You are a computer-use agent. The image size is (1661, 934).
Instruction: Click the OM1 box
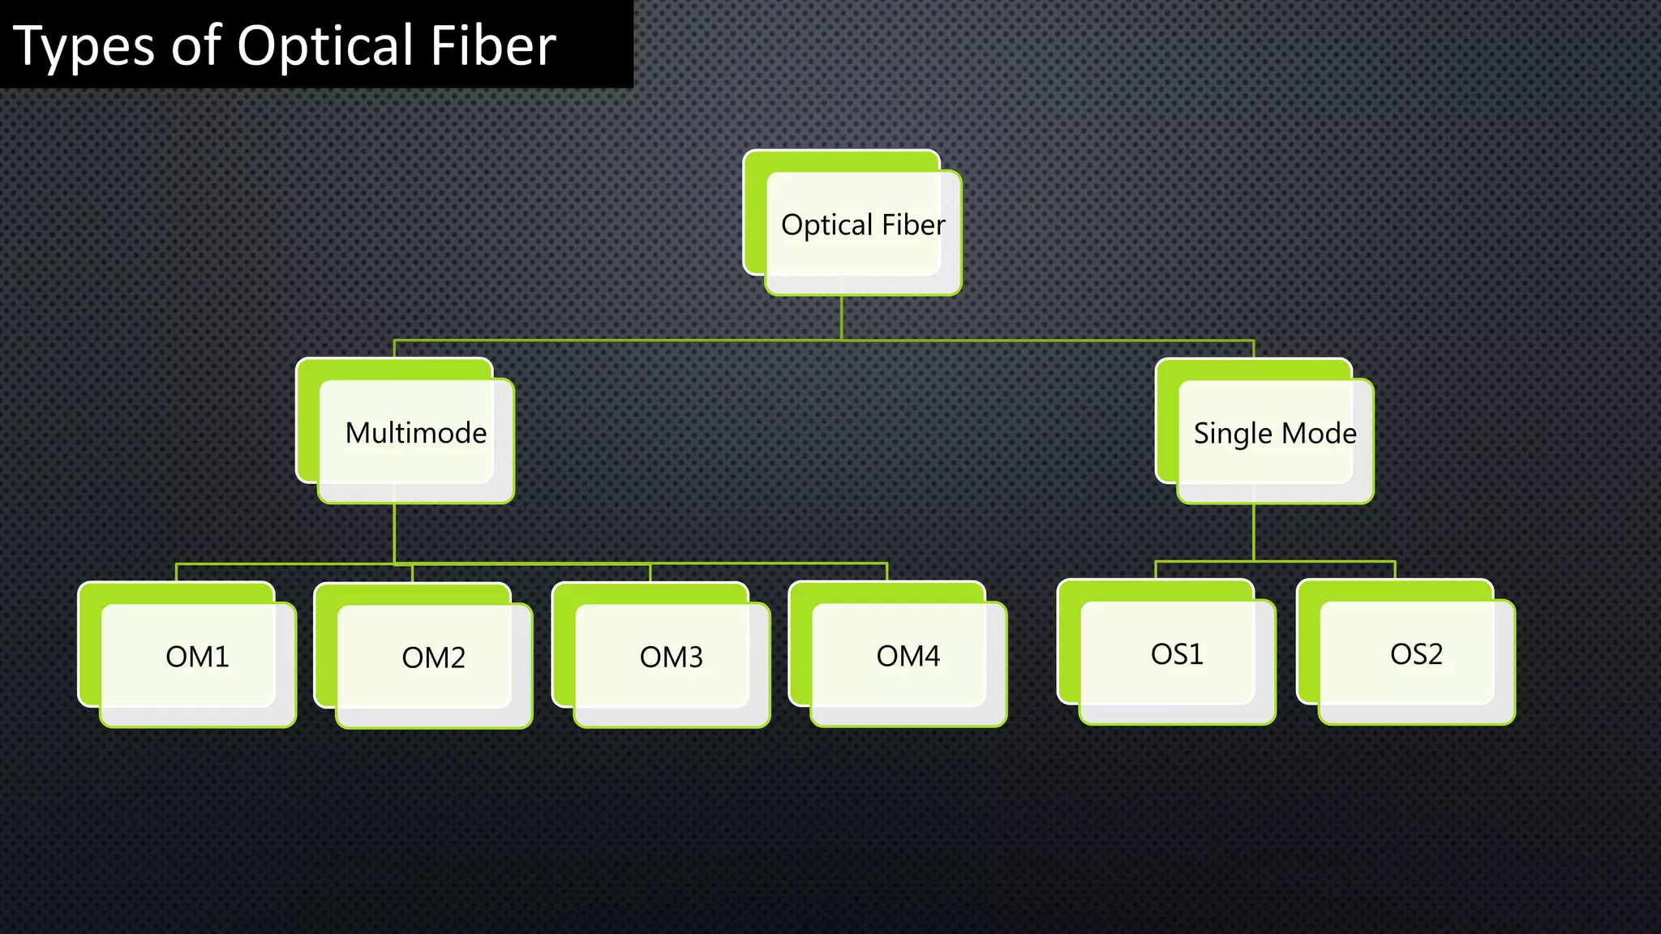pyautogui.click(x=197, y=656)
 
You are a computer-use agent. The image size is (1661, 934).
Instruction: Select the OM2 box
pyautogui.click(x=434, y=657)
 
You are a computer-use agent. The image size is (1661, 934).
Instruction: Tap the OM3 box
pyautogui.click(x=671, y=656)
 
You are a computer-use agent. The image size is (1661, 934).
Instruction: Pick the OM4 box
pyautogui.click(x=908, y=655)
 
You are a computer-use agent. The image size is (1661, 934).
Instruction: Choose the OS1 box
pyautogui.click(x=1177, y=653)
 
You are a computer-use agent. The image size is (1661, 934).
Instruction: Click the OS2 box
pyautogui.click(x=1416, y=653)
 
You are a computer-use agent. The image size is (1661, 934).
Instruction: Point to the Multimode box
pyautogui.click(x=416, y=432)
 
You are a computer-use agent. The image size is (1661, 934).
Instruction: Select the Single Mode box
pyautogui.click(x=1275, y=432)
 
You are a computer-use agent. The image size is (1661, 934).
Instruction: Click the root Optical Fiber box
pyautogui.click(x=863, y=225)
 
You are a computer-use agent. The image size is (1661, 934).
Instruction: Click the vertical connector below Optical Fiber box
pyautogui.click(x=842, y=318)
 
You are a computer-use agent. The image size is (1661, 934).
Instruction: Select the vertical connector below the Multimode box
pyautogui.click(x=394, y=533)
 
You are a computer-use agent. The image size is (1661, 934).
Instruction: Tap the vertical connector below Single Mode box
pyautogui.click(x=1254, y=532)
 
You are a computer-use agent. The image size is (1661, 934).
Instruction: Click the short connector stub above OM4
pyautogui.click(x=887, y=572)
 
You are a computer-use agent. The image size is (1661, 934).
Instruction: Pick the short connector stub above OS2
pyautogui.click(x=1395, y=570)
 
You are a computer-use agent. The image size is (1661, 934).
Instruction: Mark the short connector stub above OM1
pyautogui.click(x=176, y=572)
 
